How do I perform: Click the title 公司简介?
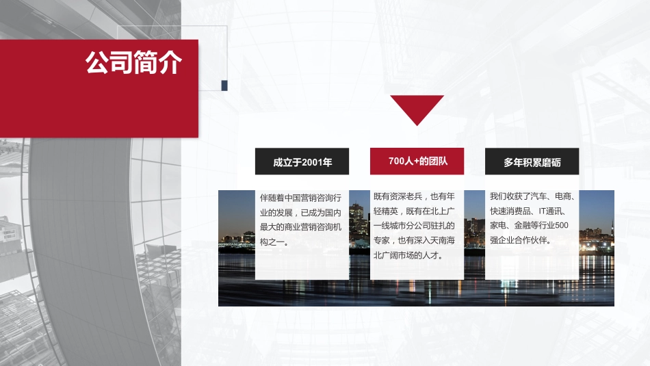click(133, 63)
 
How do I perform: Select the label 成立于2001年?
click(302, 162)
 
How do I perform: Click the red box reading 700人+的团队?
click(417, 161)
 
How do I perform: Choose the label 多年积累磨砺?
click(532, 162)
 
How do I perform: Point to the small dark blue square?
click(224, 85)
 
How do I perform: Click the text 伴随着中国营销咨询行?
click(301, 197)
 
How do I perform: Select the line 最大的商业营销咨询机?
click(301, 226)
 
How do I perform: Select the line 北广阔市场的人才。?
click(409, 255)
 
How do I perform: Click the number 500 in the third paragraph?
click(562, 226)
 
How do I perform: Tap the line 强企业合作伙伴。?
click(521, 241)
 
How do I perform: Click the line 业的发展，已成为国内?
click(301, 212)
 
